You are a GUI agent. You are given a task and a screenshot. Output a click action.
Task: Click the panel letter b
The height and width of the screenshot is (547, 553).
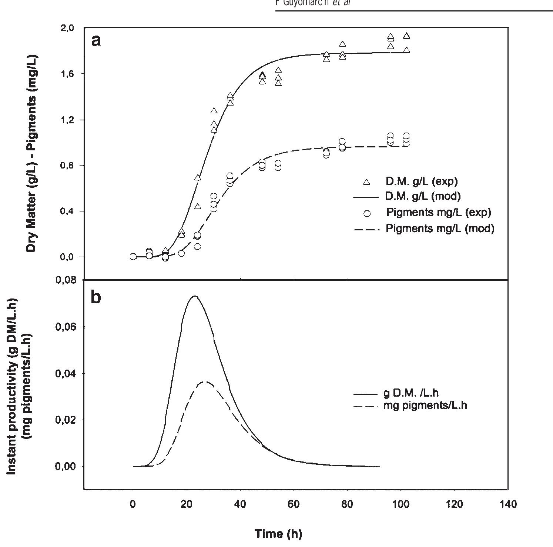(96, 297)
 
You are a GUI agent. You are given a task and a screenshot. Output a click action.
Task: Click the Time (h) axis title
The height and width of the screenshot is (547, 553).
(278, 534)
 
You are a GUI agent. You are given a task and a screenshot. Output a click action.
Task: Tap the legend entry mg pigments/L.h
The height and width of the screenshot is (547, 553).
(425, 406)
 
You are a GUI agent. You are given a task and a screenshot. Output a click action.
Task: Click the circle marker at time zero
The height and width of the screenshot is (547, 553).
(133, 257)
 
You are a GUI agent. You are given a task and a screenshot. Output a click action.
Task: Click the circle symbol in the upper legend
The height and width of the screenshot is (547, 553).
(367, 213)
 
